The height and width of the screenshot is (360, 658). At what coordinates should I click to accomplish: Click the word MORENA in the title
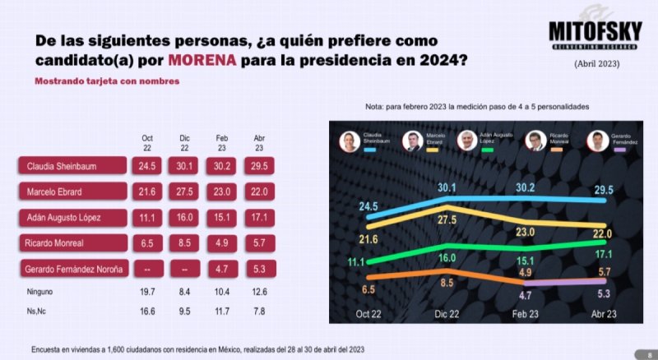pyautogui.click(x=206, y=60)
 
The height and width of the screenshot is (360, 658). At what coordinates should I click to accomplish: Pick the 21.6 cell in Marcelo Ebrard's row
pyautogui.click(x=147, y=192)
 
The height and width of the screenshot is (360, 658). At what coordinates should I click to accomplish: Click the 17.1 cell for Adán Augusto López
pyautogui.click(x=257, y=218)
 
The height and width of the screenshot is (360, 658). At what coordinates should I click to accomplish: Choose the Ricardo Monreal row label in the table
pyautogui.click(x=72, y=243)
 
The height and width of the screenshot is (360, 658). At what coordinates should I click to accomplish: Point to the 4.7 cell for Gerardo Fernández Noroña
pyautogui.click(x=220, y=269)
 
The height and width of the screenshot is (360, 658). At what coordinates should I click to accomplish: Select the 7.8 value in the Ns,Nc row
pyautogui.click(x=257, y=309)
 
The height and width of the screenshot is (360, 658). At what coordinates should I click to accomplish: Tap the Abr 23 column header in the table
pyautogui.click(x=257, y=141)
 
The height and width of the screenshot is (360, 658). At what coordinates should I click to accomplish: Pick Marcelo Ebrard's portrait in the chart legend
pyautogui.click(x=412, y=141)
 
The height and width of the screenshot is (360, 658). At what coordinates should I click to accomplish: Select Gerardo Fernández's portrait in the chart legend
pyautogui.click(x=596, y=141)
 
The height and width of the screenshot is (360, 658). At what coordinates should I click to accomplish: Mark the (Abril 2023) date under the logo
pyautogui.click(x=598, y=64)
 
